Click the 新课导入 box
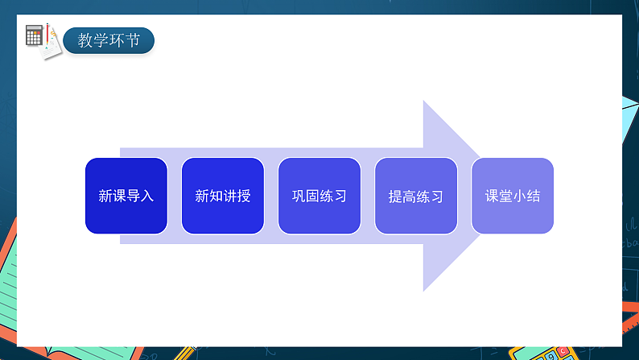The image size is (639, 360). tap(126, 196)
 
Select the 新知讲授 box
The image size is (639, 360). tap(223, 196)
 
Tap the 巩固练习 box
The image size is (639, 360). tap(319, 196)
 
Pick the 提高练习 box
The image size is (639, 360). tap(416, 196)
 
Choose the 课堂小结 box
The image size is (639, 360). tap(513, 196)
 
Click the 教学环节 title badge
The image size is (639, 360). tap(109, 40)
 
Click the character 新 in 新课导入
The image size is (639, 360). tap(105, 196)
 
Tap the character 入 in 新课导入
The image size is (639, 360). tap(146, 196)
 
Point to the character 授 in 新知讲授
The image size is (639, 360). tap(243, 196)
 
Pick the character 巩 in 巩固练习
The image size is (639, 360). tap(299, 196)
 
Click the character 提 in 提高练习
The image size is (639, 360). tap(395, 197)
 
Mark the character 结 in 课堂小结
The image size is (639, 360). tap(533, 196)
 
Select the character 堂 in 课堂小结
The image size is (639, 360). tap(505, 196)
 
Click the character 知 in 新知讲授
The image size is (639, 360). tap(216, 196)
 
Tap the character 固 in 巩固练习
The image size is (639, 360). tap(312, 196)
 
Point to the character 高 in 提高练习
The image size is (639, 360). tap(409, 197)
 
